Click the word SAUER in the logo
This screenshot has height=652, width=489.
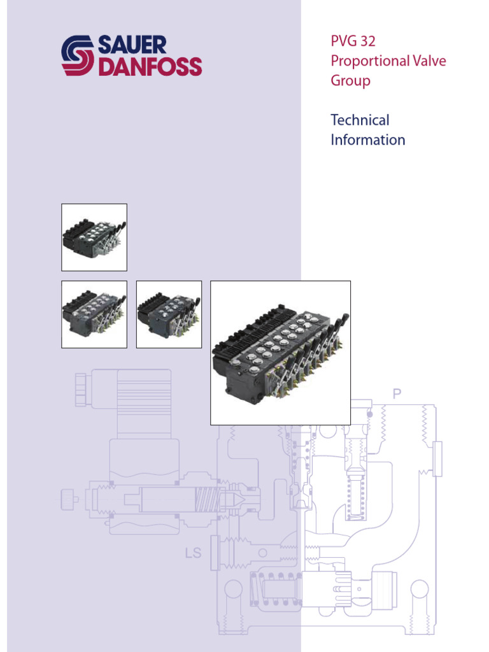[x=132, y=46]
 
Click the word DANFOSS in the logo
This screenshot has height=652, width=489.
[x=149, y=66]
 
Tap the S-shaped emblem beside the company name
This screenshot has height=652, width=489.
[x=77, y=56]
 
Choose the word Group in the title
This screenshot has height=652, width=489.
[x=350, y=81]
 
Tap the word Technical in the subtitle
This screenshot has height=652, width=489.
[x=360, y=120]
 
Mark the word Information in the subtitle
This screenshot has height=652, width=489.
[x=367, y=140]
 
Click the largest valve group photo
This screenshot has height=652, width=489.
[x=280, y=352]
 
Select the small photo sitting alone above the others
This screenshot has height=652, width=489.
[x=94, y=237]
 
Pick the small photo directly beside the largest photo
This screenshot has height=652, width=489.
[x=169, y=315]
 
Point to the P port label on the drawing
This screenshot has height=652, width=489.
[x=397, y=394]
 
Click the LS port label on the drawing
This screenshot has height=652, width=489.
[x=193, y=553]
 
